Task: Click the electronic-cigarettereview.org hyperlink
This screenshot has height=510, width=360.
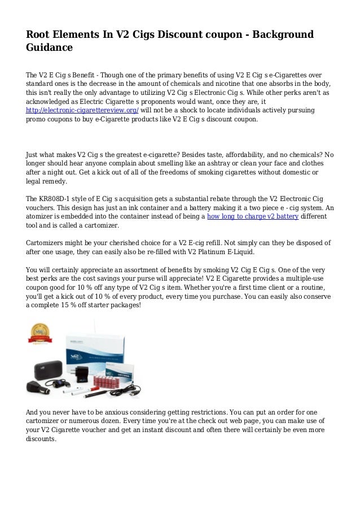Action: click(82, 111)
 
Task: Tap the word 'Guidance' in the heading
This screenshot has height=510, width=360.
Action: click(50, 48)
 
